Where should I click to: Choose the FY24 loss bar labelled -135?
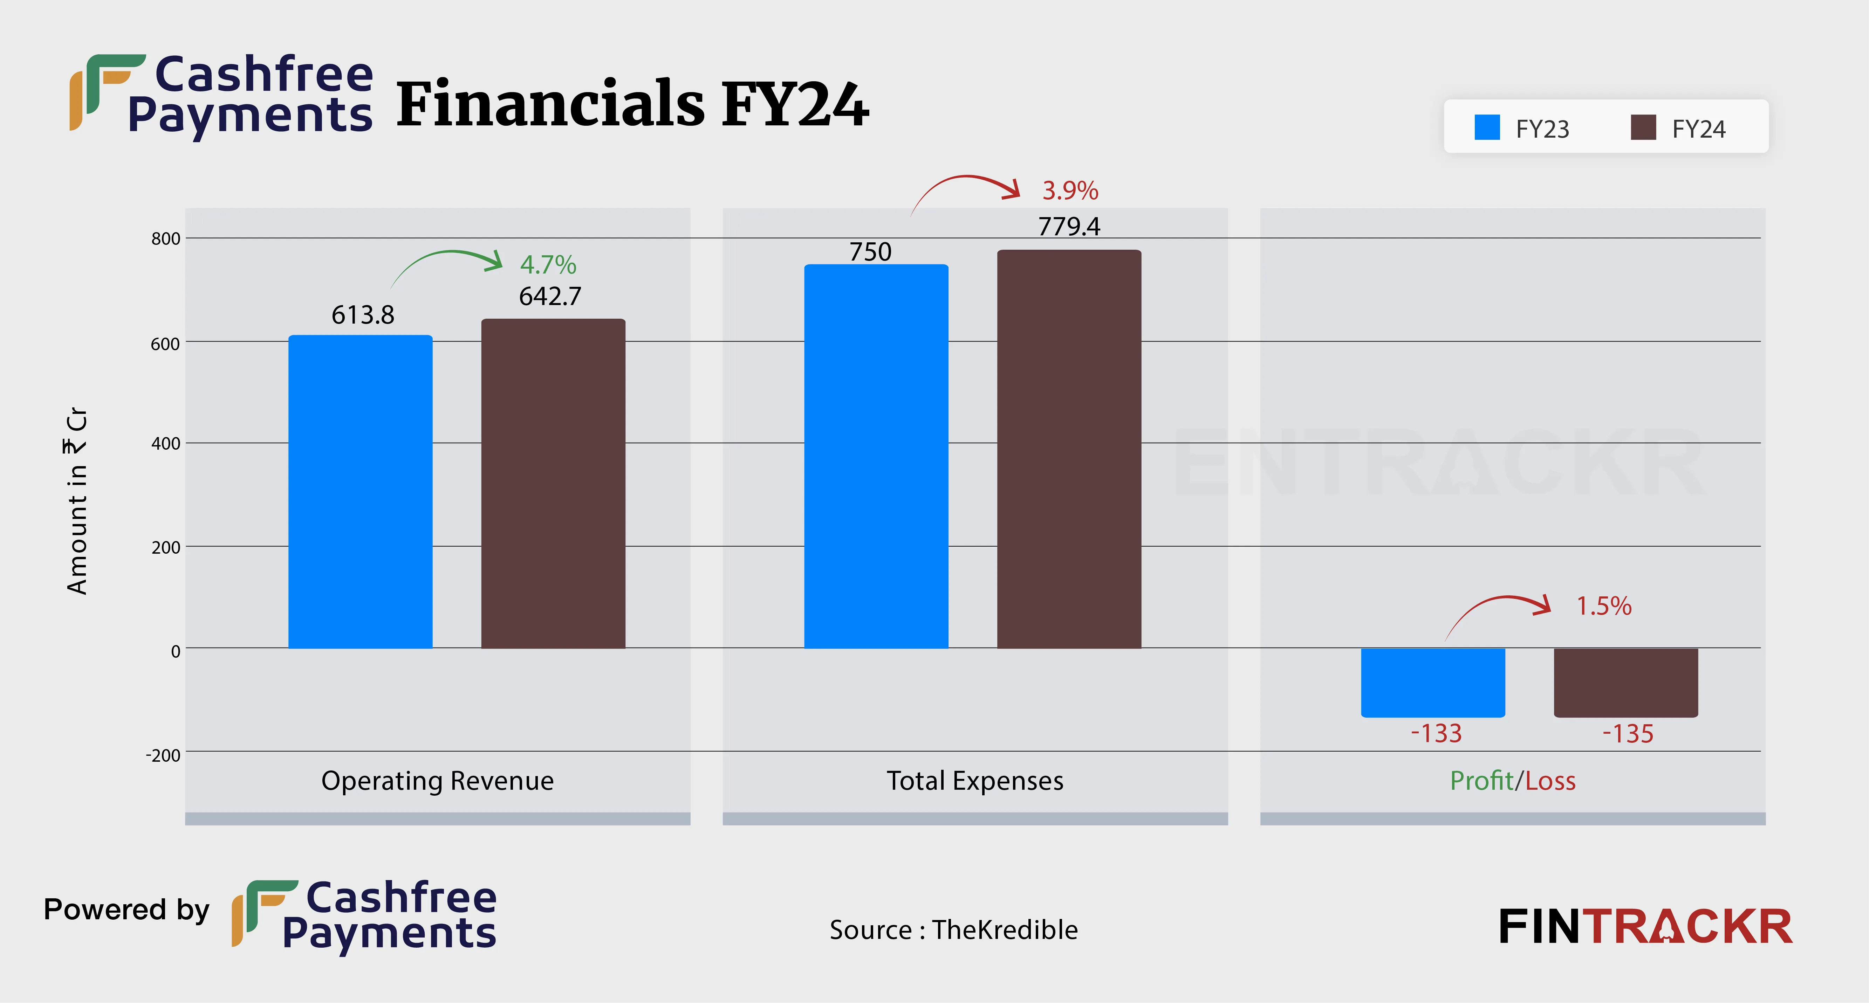point(1625,682)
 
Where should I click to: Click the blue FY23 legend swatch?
point(1487,127)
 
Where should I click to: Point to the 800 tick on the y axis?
point(165,238)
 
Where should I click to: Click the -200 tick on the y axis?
point(163,755)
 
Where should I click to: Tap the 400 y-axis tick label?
point(165,443)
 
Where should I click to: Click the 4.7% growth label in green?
point(548,265)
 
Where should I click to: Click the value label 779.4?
point(1069,227)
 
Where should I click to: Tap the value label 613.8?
point(363,315)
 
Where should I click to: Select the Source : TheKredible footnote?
point(953,930)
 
